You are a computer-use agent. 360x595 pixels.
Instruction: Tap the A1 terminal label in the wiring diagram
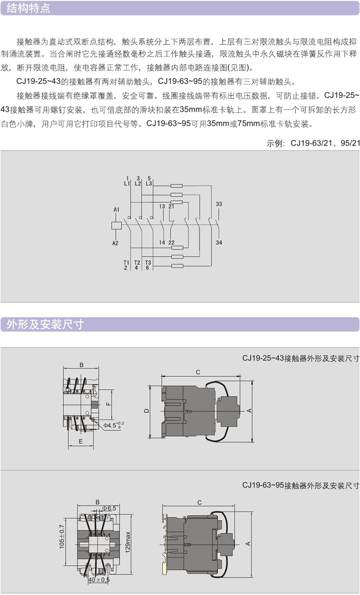tap(116, 209)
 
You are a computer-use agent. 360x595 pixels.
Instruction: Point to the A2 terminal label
tap(116, 242)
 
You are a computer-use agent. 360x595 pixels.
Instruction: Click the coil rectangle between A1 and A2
tap(116, 225)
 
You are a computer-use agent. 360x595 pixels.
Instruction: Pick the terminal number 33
tap(219, 204)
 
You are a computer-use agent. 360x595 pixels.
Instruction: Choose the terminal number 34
tap(219, 242)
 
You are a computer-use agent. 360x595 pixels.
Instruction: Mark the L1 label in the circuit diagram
tap(127, 183)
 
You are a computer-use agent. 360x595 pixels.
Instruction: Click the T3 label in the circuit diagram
tap(148, 262)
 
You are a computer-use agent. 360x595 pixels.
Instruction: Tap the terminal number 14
tap(161, 242)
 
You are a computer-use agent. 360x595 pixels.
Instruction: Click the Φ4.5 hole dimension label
tap(113, 425)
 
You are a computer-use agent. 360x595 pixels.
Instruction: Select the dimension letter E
tap(81, 442)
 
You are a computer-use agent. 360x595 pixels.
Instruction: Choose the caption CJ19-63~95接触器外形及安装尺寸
tap(300, 485)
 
